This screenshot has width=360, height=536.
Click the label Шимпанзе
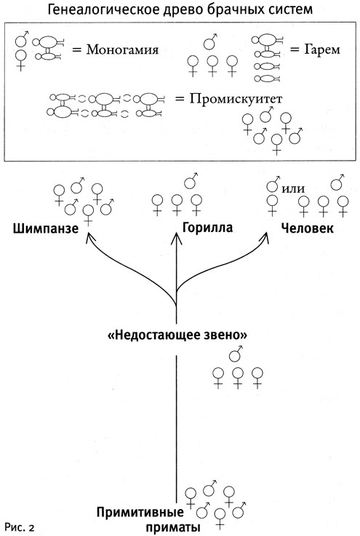[x=45, y=229]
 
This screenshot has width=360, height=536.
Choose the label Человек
[x=307, y=229]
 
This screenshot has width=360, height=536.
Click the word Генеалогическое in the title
[x=111, y=10]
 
